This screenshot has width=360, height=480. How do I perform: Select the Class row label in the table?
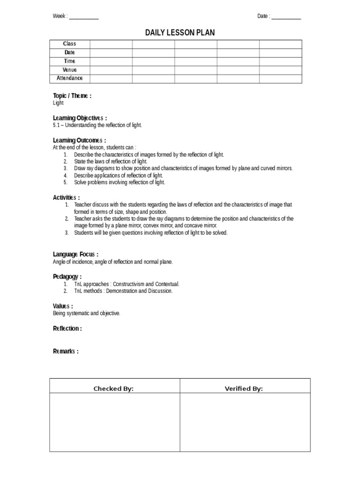click(69, 44)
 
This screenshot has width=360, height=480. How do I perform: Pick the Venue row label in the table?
click(69, 70)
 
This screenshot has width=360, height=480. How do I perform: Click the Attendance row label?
click(69, 78)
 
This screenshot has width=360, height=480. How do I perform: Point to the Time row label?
click(69, 61)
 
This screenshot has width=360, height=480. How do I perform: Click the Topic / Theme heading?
click(72, 96)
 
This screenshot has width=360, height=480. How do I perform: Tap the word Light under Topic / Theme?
click(58, 103)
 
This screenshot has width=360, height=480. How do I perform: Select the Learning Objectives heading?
click(80, 118)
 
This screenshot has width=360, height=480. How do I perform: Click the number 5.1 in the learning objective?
click(57, 125)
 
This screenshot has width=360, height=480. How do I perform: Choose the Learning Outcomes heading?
click(79, 140)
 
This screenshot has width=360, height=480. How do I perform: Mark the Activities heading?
click(66, 197)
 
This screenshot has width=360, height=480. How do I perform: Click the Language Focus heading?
click(75, 255)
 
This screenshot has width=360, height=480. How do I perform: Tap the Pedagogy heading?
click(67, 277)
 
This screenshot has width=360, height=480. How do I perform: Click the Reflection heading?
click(67, 329)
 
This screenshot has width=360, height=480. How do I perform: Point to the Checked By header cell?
click(113, 389)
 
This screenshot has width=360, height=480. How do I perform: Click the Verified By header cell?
click(244, 389)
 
